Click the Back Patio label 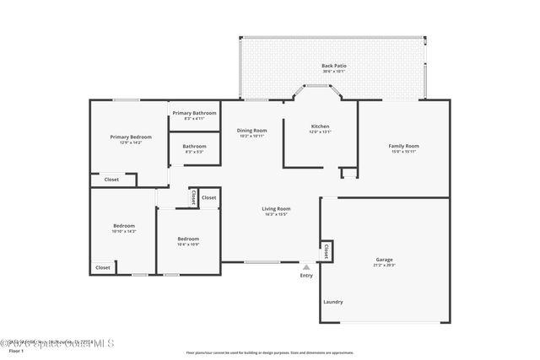pyautogui.click(x=333, y=66)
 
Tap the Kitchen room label pyautogui.click(x=320, y=126)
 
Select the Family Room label pyautogui.click(x=403, y=146)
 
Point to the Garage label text pyautogui.click(x=384, y=259)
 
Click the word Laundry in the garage pyautogui.click(x=332, y=301)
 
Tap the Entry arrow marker pyautogui.click(x=306, y=266)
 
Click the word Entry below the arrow pyautogui.click(x=306, y=275)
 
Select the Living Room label pyautogui.click(x=276, y=208)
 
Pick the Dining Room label pyautogui.click(x=251, y=131)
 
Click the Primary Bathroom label pyautogui.click(x=194, y=113)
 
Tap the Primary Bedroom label pyautogui.click(x=131, y=137)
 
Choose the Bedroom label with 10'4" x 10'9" pyautogui.click(x=188, y=239)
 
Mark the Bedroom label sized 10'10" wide pyautogui.click(x=124, y=225)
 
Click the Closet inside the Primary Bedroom pyautogui.click(x=111, y=180)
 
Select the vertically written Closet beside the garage pyautogui.click(x=327, y=250)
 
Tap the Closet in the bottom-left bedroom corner pyautogui.click(x=102, y=267)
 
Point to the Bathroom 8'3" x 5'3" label pyautogui.click(x=194, y=147)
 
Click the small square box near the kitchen pyautogui.click(x=348, y=173)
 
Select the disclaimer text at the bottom pyautogui.click(x=270, y=352)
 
